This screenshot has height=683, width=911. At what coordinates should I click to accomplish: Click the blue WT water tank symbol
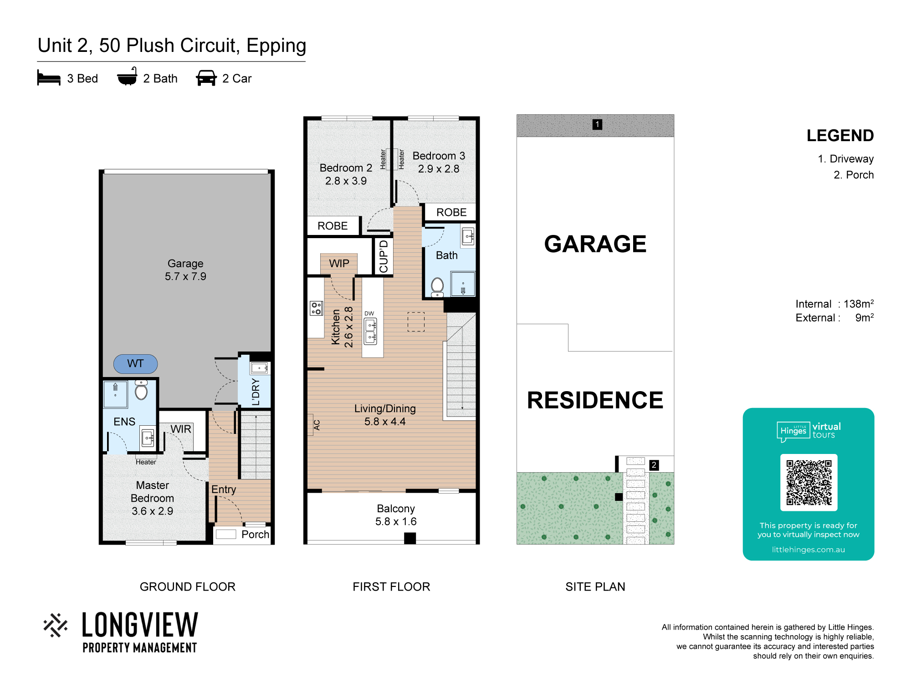(136, 364)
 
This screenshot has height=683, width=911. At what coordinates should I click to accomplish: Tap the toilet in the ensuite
(141, 390)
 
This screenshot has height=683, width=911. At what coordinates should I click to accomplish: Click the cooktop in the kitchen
(316, 308)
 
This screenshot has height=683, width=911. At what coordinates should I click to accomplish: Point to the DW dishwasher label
(369, 313)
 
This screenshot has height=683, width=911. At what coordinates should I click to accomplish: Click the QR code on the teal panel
(809, 483)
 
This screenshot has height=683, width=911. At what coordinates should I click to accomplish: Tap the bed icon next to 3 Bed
(49, 78)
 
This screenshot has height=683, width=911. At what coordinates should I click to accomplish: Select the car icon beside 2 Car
(206, 78)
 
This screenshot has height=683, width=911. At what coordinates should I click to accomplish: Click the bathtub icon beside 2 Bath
(127, 76)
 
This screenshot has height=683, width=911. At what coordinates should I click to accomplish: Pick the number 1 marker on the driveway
(597, 124)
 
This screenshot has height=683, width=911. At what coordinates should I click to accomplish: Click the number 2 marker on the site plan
(654, 465)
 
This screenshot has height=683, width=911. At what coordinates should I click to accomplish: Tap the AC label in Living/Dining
(317, 425)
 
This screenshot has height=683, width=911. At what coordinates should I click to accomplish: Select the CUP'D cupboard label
(384, 256)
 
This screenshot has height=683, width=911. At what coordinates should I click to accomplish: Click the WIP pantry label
(339, 263)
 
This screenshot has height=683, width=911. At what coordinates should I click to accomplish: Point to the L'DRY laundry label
(256, 392)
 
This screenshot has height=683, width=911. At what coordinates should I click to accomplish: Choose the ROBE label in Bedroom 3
(451, 212)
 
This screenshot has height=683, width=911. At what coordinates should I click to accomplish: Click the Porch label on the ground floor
(256, 535)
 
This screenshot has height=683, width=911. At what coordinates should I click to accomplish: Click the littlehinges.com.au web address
(808, 550)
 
